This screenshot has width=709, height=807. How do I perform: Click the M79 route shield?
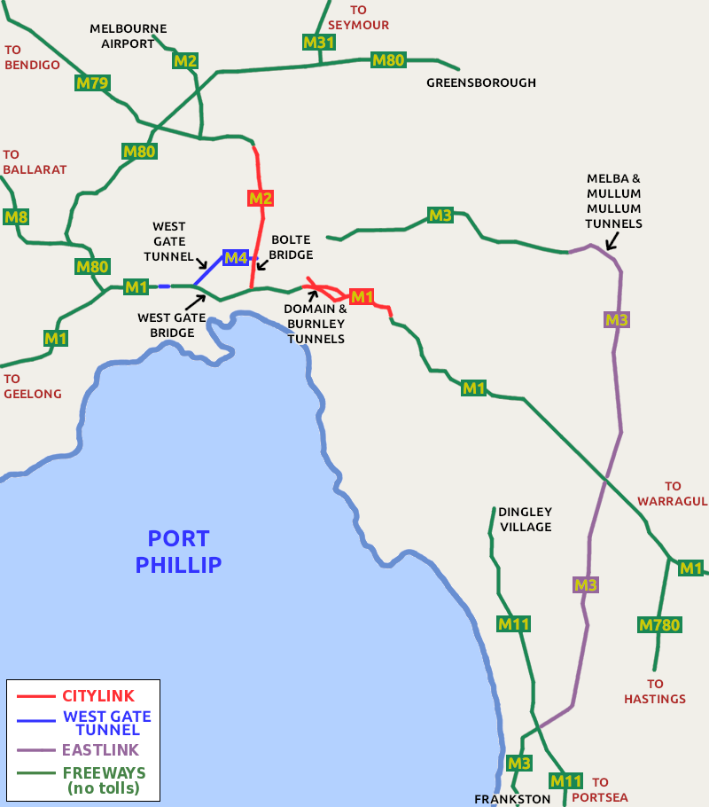coord(92,84)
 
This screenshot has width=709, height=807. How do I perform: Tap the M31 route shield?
coord(318,43)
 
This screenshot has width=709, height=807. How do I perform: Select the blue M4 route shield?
coord(236,258)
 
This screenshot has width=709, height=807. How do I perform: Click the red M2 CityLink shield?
coord(260,198)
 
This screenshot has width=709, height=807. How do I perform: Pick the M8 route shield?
coord(16,216)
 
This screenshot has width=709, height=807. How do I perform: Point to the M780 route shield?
coord(660,625)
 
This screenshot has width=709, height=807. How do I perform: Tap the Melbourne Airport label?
coord(128,35)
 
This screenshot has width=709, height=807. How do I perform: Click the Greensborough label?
coord(481,82)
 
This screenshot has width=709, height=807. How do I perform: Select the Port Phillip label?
coord(178,551)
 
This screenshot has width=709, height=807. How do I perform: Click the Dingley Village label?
coord(525,519)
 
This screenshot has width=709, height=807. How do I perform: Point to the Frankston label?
coord(512,798)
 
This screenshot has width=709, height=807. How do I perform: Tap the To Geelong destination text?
coord(33,386)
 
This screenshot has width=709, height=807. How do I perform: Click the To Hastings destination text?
coord(655,691)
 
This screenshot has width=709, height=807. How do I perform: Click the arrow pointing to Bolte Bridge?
coord(261,264)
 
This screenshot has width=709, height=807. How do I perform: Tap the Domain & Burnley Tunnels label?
coord(315,324)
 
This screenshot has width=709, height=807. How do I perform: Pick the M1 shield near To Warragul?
coord(690,568)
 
